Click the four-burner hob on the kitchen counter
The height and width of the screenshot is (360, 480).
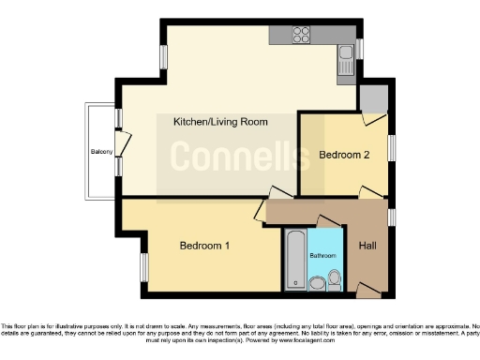click(303, 36)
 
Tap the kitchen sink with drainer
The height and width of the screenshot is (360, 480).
click(345, 59)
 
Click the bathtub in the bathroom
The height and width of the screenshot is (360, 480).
click(294, 259)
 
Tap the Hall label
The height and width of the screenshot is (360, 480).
click(367, 247)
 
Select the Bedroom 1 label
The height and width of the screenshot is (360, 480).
click(205, 246)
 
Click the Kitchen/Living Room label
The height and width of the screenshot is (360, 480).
click(220, 122)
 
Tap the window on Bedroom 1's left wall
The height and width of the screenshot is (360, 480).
click(143, 266)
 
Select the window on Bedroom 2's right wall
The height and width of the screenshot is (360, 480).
click(392, 148)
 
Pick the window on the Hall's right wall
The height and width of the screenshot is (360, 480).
click(391, 217)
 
